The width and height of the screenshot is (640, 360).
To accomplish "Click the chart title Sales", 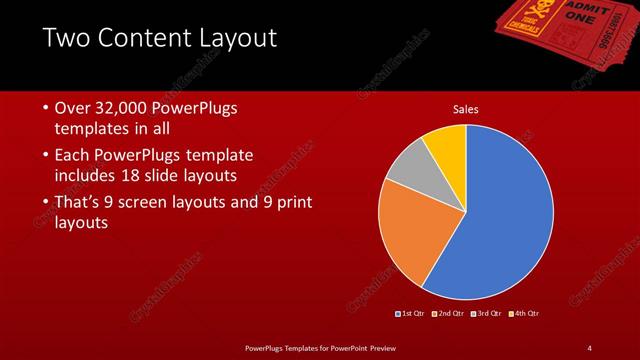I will tap(467, 108).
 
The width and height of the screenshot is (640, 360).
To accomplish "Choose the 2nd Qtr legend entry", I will tap(449, 314).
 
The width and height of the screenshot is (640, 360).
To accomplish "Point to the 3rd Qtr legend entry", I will tap(487, 314).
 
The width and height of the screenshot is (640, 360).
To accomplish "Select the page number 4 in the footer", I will tap(590, 347).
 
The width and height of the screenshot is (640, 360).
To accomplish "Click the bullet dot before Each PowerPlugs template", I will tap(46, 155).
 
